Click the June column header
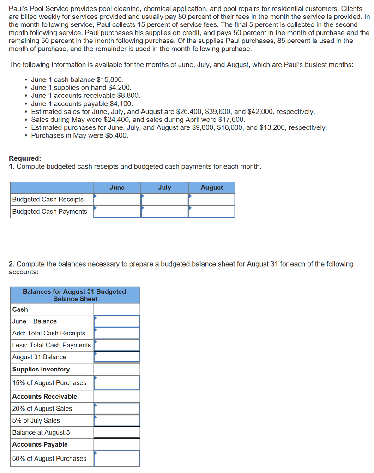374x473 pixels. pos(117,188)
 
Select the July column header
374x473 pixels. pos(164,188)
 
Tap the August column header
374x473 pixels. pos(211,188)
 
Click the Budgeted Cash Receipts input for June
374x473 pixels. pos(117,200)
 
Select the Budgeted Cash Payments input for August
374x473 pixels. pos(212,212)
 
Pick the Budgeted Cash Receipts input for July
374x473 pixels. pos(165,200)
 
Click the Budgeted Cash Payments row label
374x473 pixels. pos(50,212)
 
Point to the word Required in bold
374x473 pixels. pos(25,158)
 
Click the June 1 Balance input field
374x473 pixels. pos(117,321)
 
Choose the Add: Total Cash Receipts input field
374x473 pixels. pos(117,333)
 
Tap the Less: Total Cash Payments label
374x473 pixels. pos(52,345)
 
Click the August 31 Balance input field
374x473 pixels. pos(117,357)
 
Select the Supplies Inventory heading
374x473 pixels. pos(41,369)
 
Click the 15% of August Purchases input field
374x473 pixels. pos(117,382)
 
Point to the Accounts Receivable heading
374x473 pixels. pos(45,396)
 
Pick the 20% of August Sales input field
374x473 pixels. pos(117,408)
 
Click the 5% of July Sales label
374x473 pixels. pos(36,420)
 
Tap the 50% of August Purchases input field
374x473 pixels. pos(117,458)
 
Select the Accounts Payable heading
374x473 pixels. pos(40,444)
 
